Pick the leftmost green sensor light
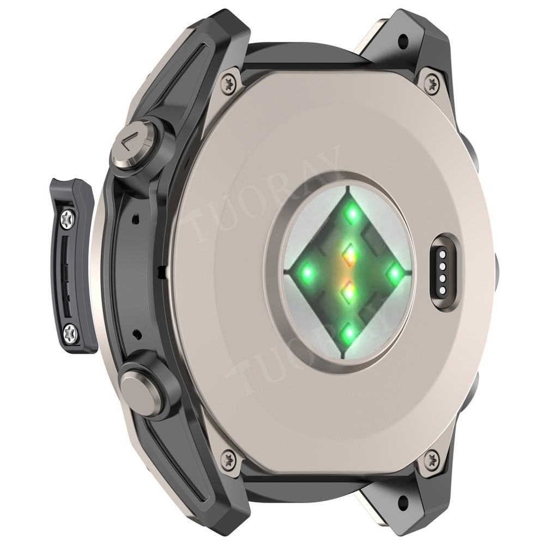point(307,270)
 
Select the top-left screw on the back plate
point(229,82)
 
